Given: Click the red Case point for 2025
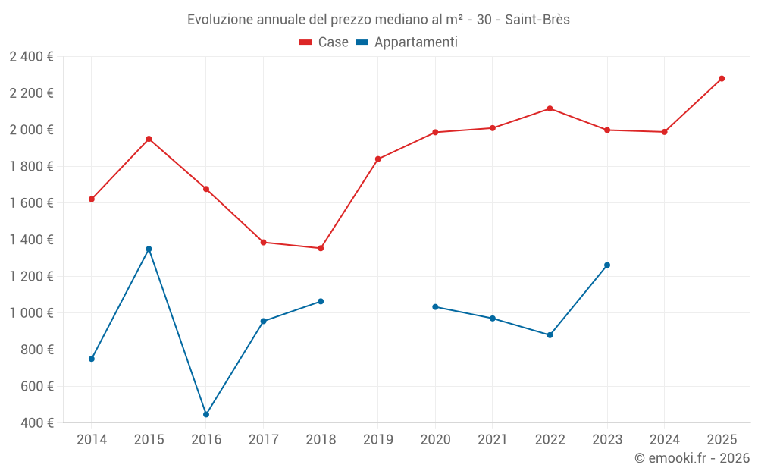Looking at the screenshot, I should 722,79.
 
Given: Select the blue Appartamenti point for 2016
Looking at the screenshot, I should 206,415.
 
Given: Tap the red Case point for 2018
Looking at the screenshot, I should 321,248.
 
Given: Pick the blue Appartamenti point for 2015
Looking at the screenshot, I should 149,249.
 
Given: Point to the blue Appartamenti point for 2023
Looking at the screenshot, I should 607,265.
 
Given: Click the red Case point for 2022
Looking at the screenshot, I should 550,108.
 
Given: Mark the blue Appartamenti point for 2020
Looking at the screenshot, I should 435,306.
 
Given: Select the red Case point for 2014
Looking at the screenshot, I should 92,199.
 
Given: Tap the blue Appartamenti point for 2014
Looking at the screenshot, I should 92,359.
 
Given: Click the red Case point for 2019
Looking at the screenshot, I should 378,159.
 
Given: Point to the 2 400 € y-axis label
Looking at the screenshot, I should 31,57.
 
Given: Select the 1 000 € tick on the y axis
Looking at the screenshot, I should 31,313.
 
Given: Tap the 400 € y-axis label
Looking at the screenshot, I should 36,423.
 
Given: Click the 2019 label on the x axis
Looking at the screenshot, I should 378,440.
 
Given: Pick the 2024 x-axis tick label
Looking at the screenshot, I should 665,440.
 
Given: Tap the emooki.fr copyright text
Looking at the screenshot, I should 692,458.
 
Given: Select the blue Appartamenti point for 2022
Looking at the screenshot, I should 550,335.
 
